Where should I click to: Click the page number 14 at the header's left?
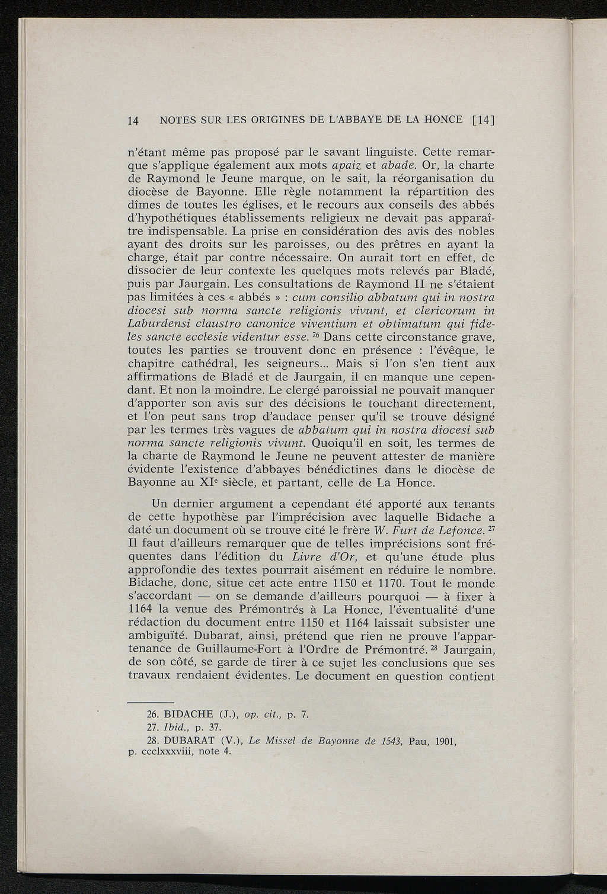click(x=133, y=120)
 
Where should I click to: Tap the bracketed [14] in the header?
click(x=483, y=120)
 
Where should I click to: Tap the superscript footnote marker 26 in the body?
click(x=317, y=335)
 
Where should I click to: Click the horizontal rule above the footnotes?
click(x=151, y=701)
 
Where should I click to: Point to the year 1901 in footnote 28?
click(x=446, y=741)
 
